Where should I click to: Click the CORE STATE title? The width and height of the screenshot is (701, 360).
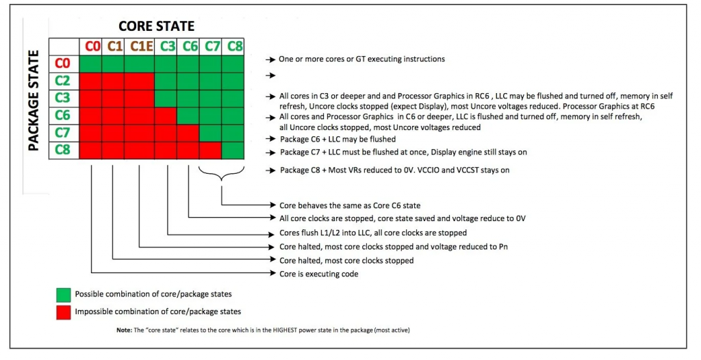click(x=156, y=26)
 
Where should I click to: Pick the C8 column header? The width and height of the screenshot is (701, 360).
click(x=234, y=47)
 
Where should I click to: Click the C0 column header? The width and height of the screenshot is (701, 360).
click(x=92, y=47)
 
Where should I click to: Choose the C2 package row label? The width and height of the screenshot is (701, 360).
click(x=63, y=81)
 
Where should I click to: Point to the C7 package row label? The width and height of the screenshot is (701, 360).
click(x=63, y=132)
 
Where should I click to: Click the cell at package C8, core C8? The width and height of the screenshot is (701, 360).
click(x=233, y=149)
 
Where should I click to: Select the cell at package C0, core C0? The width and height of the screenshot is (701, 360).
click(x=92, y=64)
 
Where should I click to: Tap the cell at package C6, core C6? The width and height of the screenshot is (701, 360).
click(x=188, y=115)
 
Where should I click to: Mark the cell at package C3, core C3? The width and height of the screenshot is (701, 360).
click(x=165, y=98)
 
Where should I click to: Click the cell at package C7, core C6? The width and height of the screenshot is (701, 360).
click(x=188, y=132)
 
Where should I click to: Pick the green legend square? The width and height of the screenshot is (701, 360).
click(x=63, y=294)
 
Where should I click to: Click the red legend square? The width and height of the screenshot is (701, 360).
click(x=63, y=312)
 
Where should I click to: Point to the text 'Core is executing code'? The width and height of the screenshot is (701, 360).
click(x=318, y=274)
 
